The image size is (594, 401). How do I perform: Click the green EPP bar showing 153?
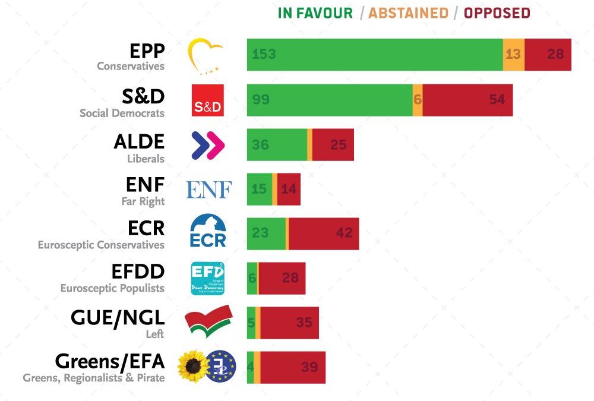point(374,55)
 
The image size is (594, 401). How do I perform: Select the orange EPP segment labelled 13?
point(514,55)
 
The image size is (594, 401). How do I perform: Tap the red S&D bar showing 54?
point(467,100)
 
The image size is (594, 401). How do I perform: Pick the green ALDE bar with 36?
point(277,144)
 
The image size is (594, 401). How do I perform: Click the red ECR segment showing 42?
point(324,233)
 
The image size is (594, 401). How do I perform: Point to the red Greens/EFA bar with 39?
point(293,367)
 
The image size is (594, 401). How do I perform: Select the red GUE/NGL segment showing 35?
point(289,323)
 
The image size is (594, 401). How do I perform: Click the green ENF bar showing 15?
point(260,190)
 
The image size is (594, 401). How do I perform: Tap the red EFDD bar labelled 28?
point(282,278)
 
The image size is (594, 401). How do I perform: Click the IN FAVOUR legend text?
point(315,13)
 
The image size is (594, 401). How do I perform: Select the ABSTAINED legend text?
point(408,13)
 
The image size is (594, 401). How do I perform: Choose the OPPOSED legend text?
point(497,13)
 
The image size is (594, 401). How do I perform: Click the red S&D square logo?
point(208,100)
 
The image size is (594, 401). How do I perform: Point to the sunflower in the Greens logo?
point(192,367)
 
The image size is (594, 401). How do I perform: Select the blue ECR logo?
point(208,231)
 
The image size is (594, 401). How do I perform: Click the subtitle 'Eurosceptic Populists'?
point(112,289)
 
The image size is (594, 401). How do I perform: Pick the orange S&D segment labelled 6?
point(418,100)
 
